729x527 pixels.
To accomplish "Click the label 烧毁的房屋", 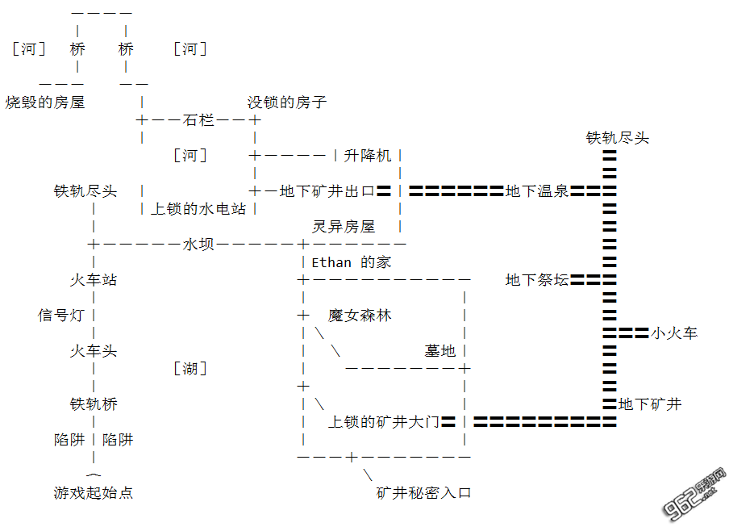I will (45, 102).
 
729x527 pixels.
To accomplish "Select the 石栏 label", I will (198, 120).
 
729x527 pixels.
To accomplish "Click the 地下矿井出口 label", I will (327, 191).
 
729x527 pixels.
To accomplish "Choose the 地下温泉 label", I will (537, 191).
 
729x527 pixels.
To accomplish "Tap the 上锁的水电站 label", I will (198, 208).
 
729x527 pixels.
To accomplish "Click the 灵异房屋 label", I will (344, 227).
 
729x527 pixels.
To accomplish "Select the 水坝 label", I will (198, 244).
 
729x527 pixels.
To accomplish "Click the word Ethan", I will (331, 262).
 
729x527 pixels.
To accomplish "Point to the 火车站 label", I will (94, 280).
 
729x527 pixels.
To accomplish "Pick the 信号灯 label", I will (61, 315).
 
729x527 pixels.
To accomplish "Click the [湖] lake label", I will (190, 369).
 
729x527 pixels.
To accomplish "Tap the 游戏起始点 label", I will (94, 492).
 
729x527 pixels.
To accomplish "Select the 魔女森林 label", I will (360, 315).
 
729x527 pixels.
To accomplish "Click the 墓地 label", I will (440, 350).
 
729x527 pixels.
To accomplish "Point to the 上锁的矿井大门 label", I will (383, 421).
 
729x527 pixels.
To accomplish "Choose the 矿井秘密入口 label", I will (423, 492).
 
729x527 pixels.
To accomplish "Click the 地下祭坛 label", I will (537, 280).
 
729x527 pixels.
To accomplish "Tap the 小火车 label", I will (674, 333).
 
